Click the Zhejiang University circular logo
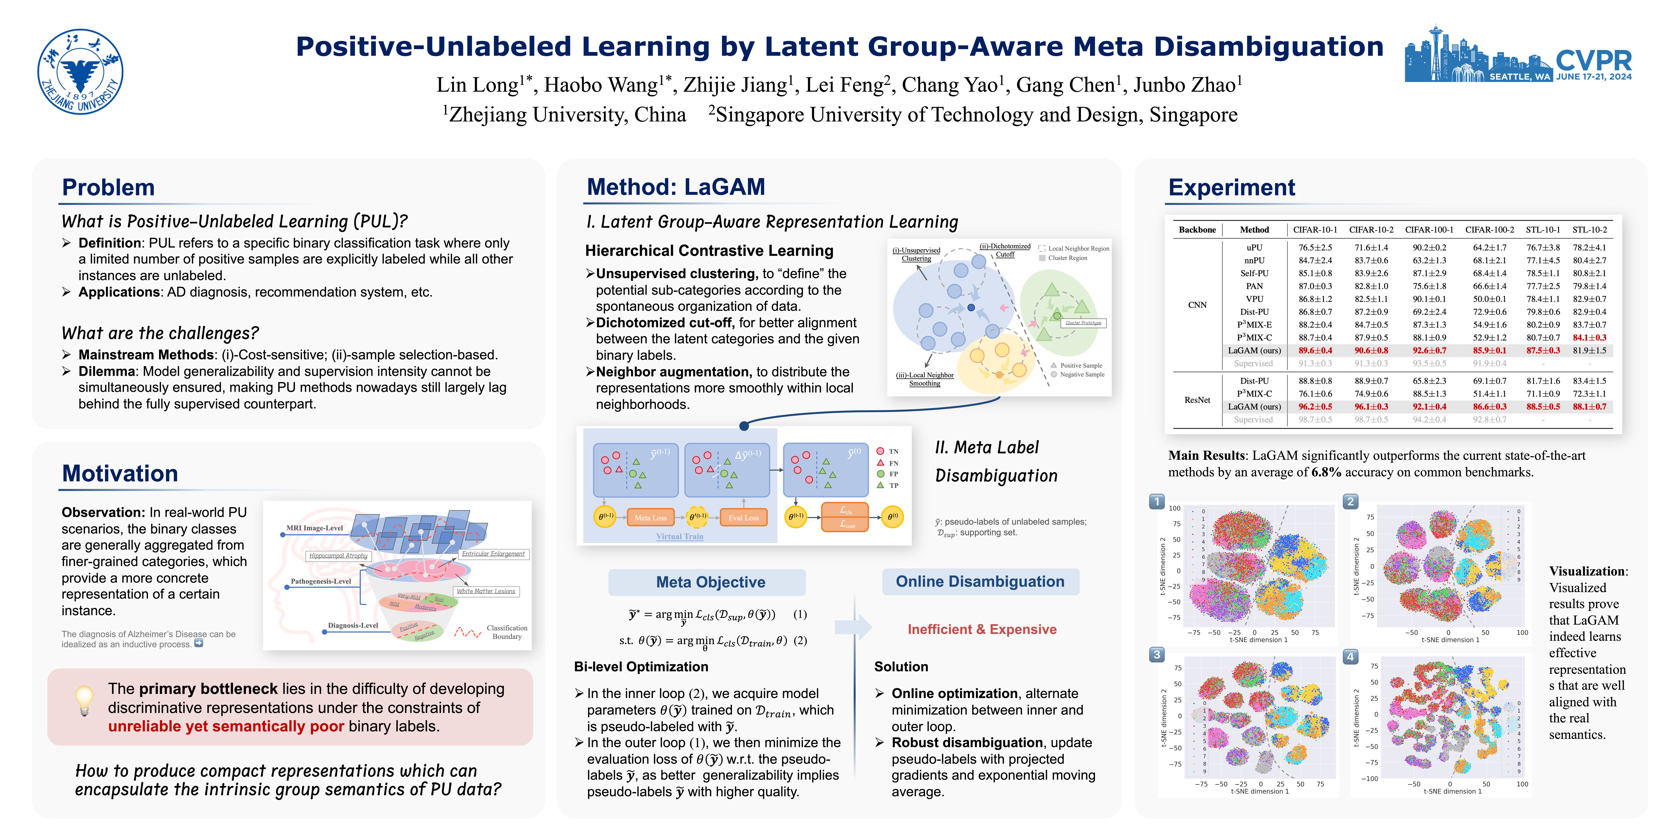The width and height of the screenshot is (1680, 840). (x=80, y=72)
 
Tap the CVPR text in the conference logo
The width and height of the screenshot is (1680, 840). (x=1593, y=61)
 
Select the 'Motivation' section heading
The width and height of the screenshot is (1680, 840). (x=120, y=473)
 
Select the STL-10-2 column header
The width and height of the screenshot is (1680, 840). (x=1589, y=230)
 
